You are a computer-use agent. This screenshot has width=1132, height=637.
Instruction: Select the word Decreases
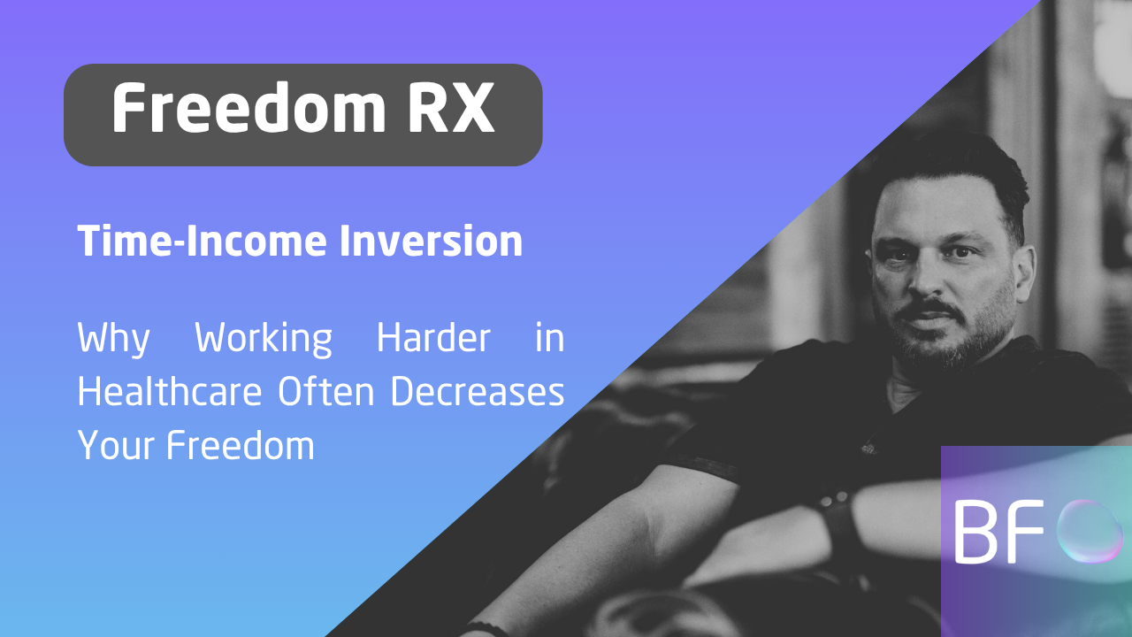coord(478,392)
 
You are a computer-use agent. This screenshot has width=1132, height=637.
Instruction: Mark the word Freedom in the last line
coord(241,444)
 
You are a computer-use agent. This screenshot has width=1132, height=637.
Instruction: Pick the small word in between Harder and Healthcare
coord(549,339)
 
